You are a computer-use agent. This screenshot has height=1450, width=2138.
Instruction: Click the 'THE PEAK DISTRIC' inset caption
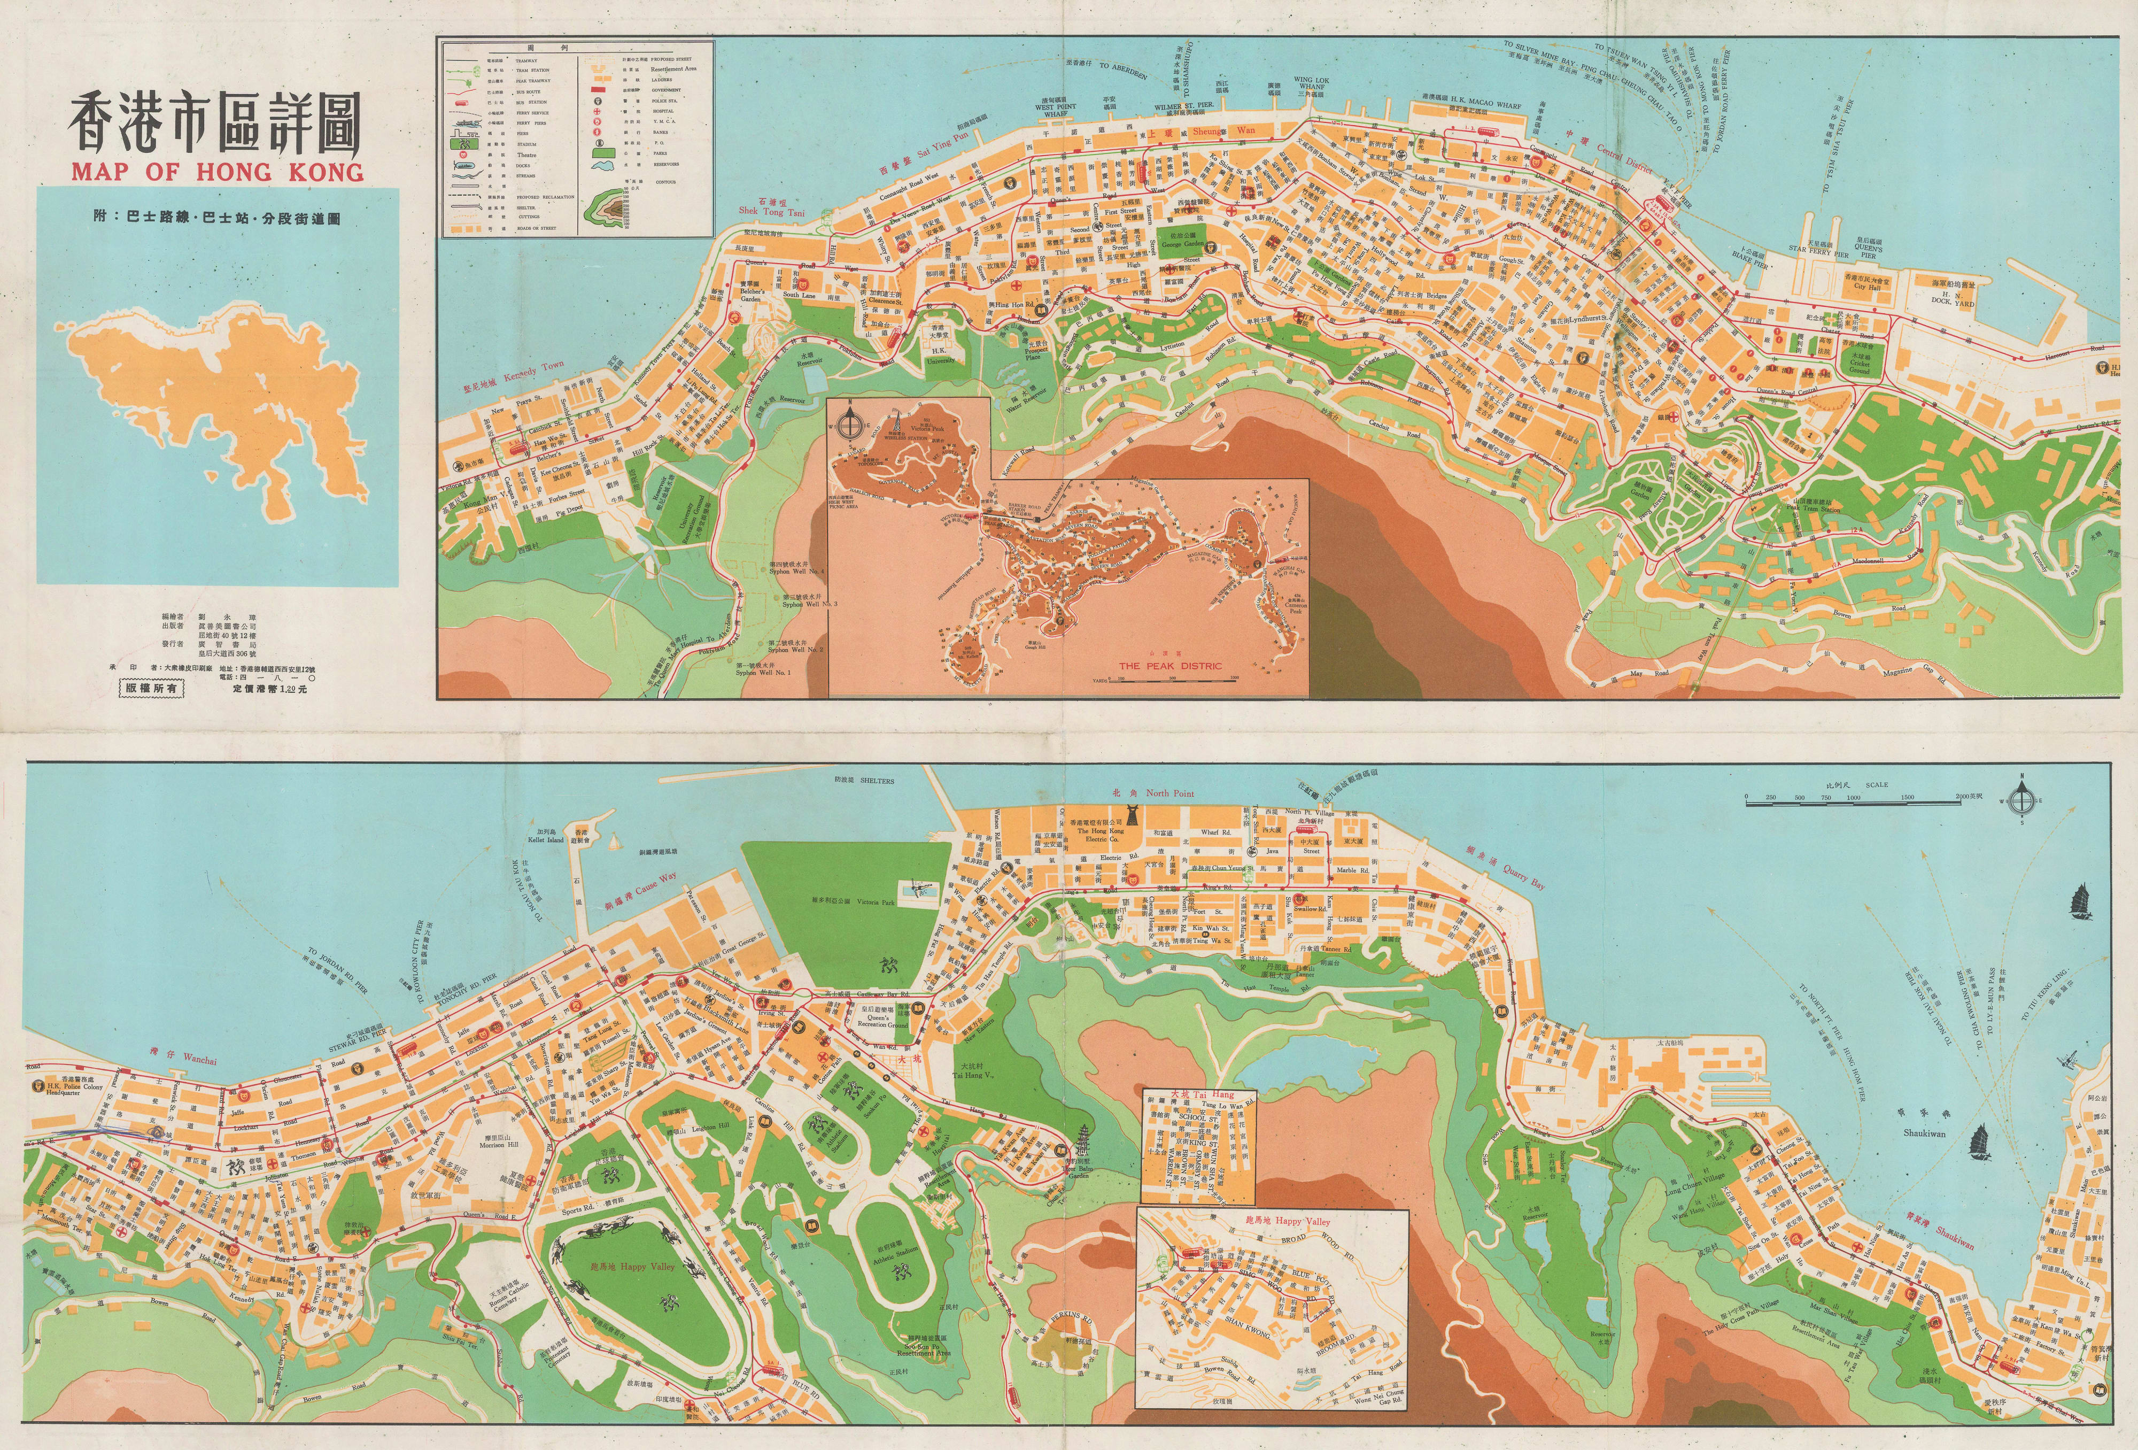pyautogui.click(x=1169, y=665)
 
